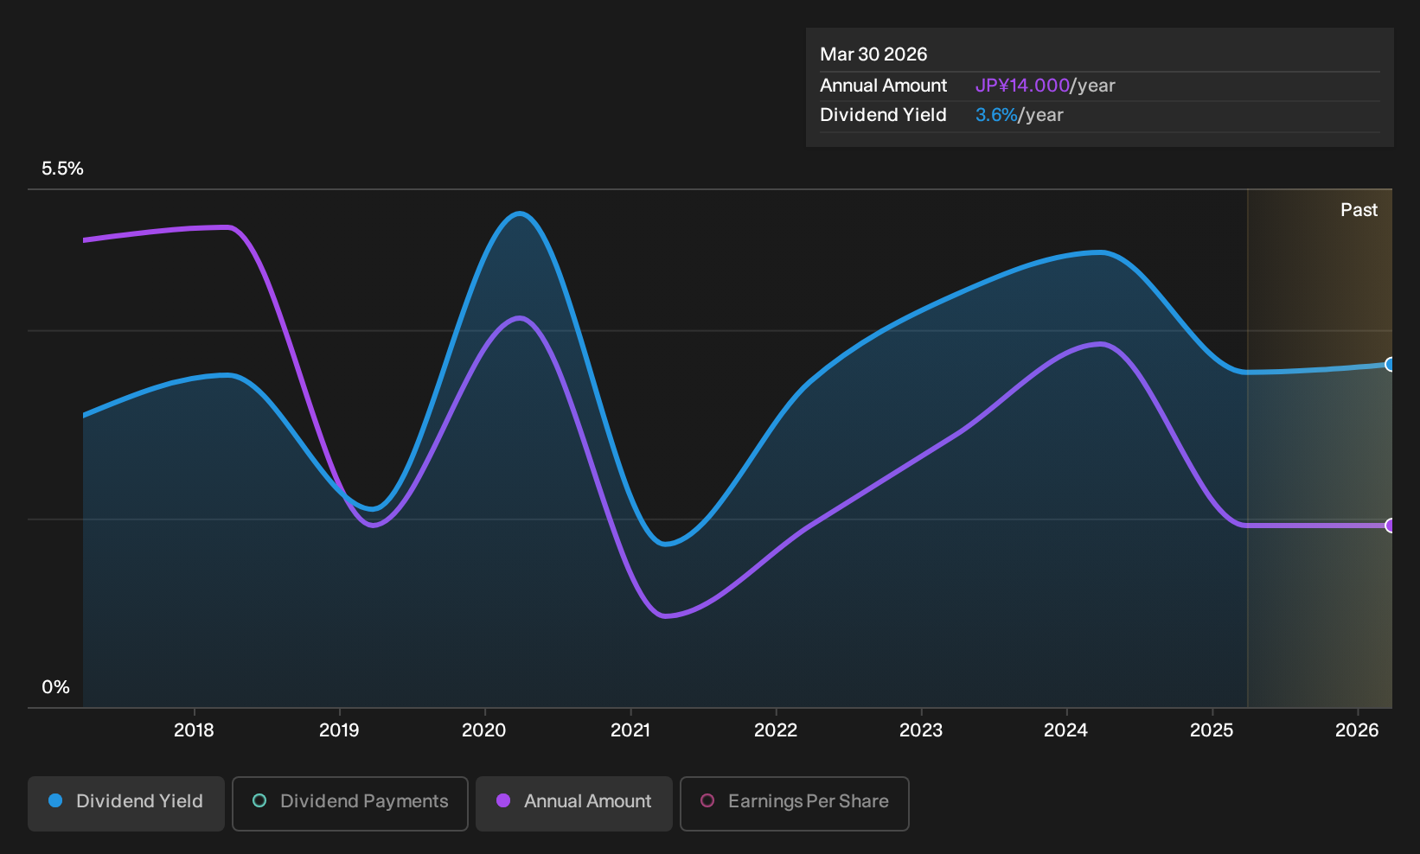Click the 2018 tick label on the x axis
[194, 730]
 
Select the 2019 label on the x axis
[339, 730]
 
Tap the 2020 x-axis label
[484, 730]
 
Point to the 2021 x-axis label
[630, 730]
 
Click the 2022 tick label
[776, 730]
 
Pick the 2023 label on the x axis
[921, 730]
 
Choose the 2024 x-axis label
[1066, 730]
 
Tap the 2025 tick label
[1212, 730]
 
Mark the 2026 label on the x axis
[1357, 730]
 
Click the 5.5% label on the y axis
[62, 169]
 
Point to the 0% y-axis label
[56, 687]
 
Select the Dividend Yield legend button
[126, 803]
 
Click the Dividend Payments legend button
[350, 803]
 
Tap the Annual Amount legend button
[573, 803]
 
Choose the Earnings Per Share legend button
[794, 803]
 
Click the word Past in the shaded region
[1359, 210]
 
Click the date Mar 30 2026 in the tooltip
[873, 54]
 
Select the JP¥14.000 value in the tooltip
[1022, 86]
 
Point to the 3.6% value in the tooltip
[996, 115]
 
